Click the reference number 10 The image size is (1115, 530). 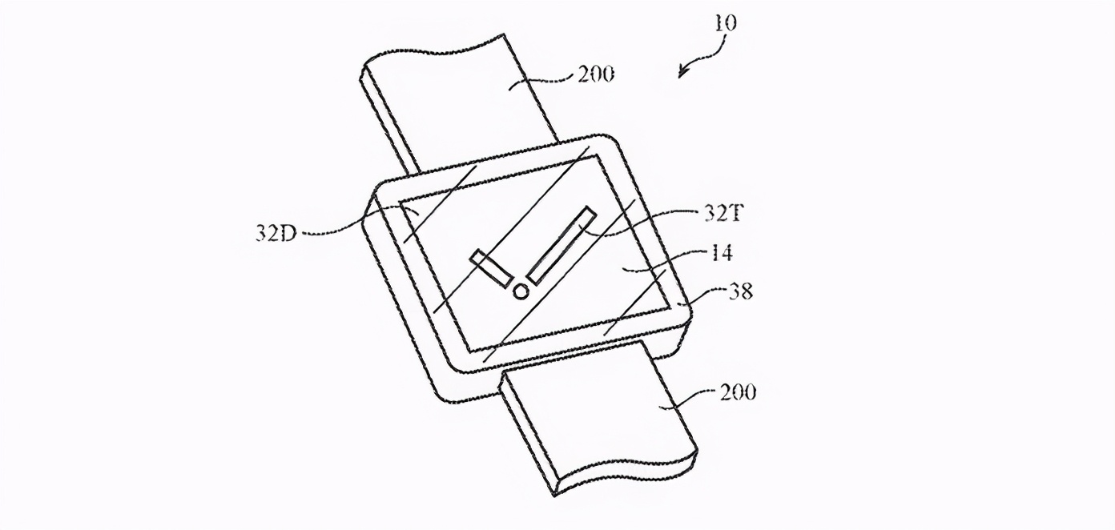coord(726,23)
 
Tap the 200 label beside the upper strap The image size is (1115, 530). coord(596,74)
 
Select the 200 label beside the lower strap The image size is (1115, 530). coord(738,392)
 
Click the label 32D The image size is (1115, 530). coord(276,232)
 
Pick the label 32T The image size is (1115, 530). coord(723,213)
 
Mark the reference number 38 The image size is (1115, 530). coord(740,291)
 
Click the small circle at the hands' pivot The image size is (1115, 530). coord(520,291)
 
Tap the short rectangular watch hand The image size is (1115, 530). coord(491,268)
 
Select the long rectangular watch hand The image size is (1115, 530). coord(562,245)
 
